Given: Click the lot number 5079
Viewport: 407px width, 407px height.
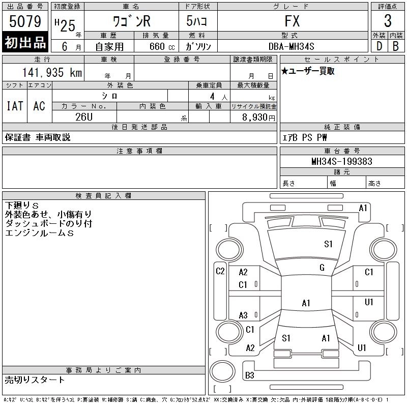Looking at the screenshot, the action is coord(25,21).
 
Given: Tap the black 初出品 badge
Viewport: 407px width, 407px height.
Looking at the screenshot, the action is coord(25,42).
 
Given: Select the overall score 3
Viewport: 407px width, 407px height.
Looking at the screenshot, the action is coord(388,21).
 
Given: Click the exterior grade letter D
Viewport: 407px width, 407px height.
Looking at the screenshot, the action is coord(379,46).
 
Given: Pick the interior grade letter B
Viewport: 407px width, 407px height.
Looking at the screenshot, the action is coord(396,46).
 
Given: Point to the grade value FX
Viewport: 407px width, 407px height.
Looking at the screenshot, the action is coord(292,21).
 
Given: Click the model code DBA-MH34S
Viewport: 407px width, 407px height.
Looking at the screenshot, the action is coord(291,46).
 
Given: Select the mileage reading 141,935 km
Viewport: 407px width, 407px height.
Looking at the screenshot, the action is coord(52,72).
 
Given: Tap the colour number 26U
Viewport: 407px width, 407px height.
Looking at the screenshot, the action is coord(84,117).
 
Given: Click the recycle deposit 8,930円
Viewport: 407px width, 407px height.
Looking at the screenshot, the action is coord(258,118).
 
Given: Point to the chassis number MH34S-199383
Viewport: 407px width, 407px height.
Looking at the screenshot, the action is coord(342,161).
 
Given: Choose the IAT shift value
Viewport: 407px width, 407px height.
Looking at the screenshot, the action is coord(15,106).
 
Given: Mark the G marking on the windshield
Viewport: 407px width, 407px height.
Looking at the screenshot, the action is coord(322,268).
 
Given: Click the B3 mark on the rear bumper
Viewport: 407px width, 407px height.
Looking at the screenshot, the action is coord(249,375).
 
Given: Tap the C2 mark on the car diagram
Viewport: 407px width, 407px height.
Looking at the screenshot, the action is coord(220,271).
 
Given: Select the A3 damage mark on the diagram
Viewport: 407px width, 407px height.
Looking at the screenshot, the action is coord(243,315).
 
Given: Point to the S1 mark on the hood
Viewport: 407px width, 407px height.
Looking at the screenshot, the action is coord(328,244).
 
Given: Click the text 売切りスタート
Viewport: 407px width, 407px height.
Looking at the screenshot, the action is coord(35,380).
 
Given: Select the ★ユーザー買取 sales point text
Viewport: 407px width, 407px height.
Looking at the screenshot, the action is coord(308,71).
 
